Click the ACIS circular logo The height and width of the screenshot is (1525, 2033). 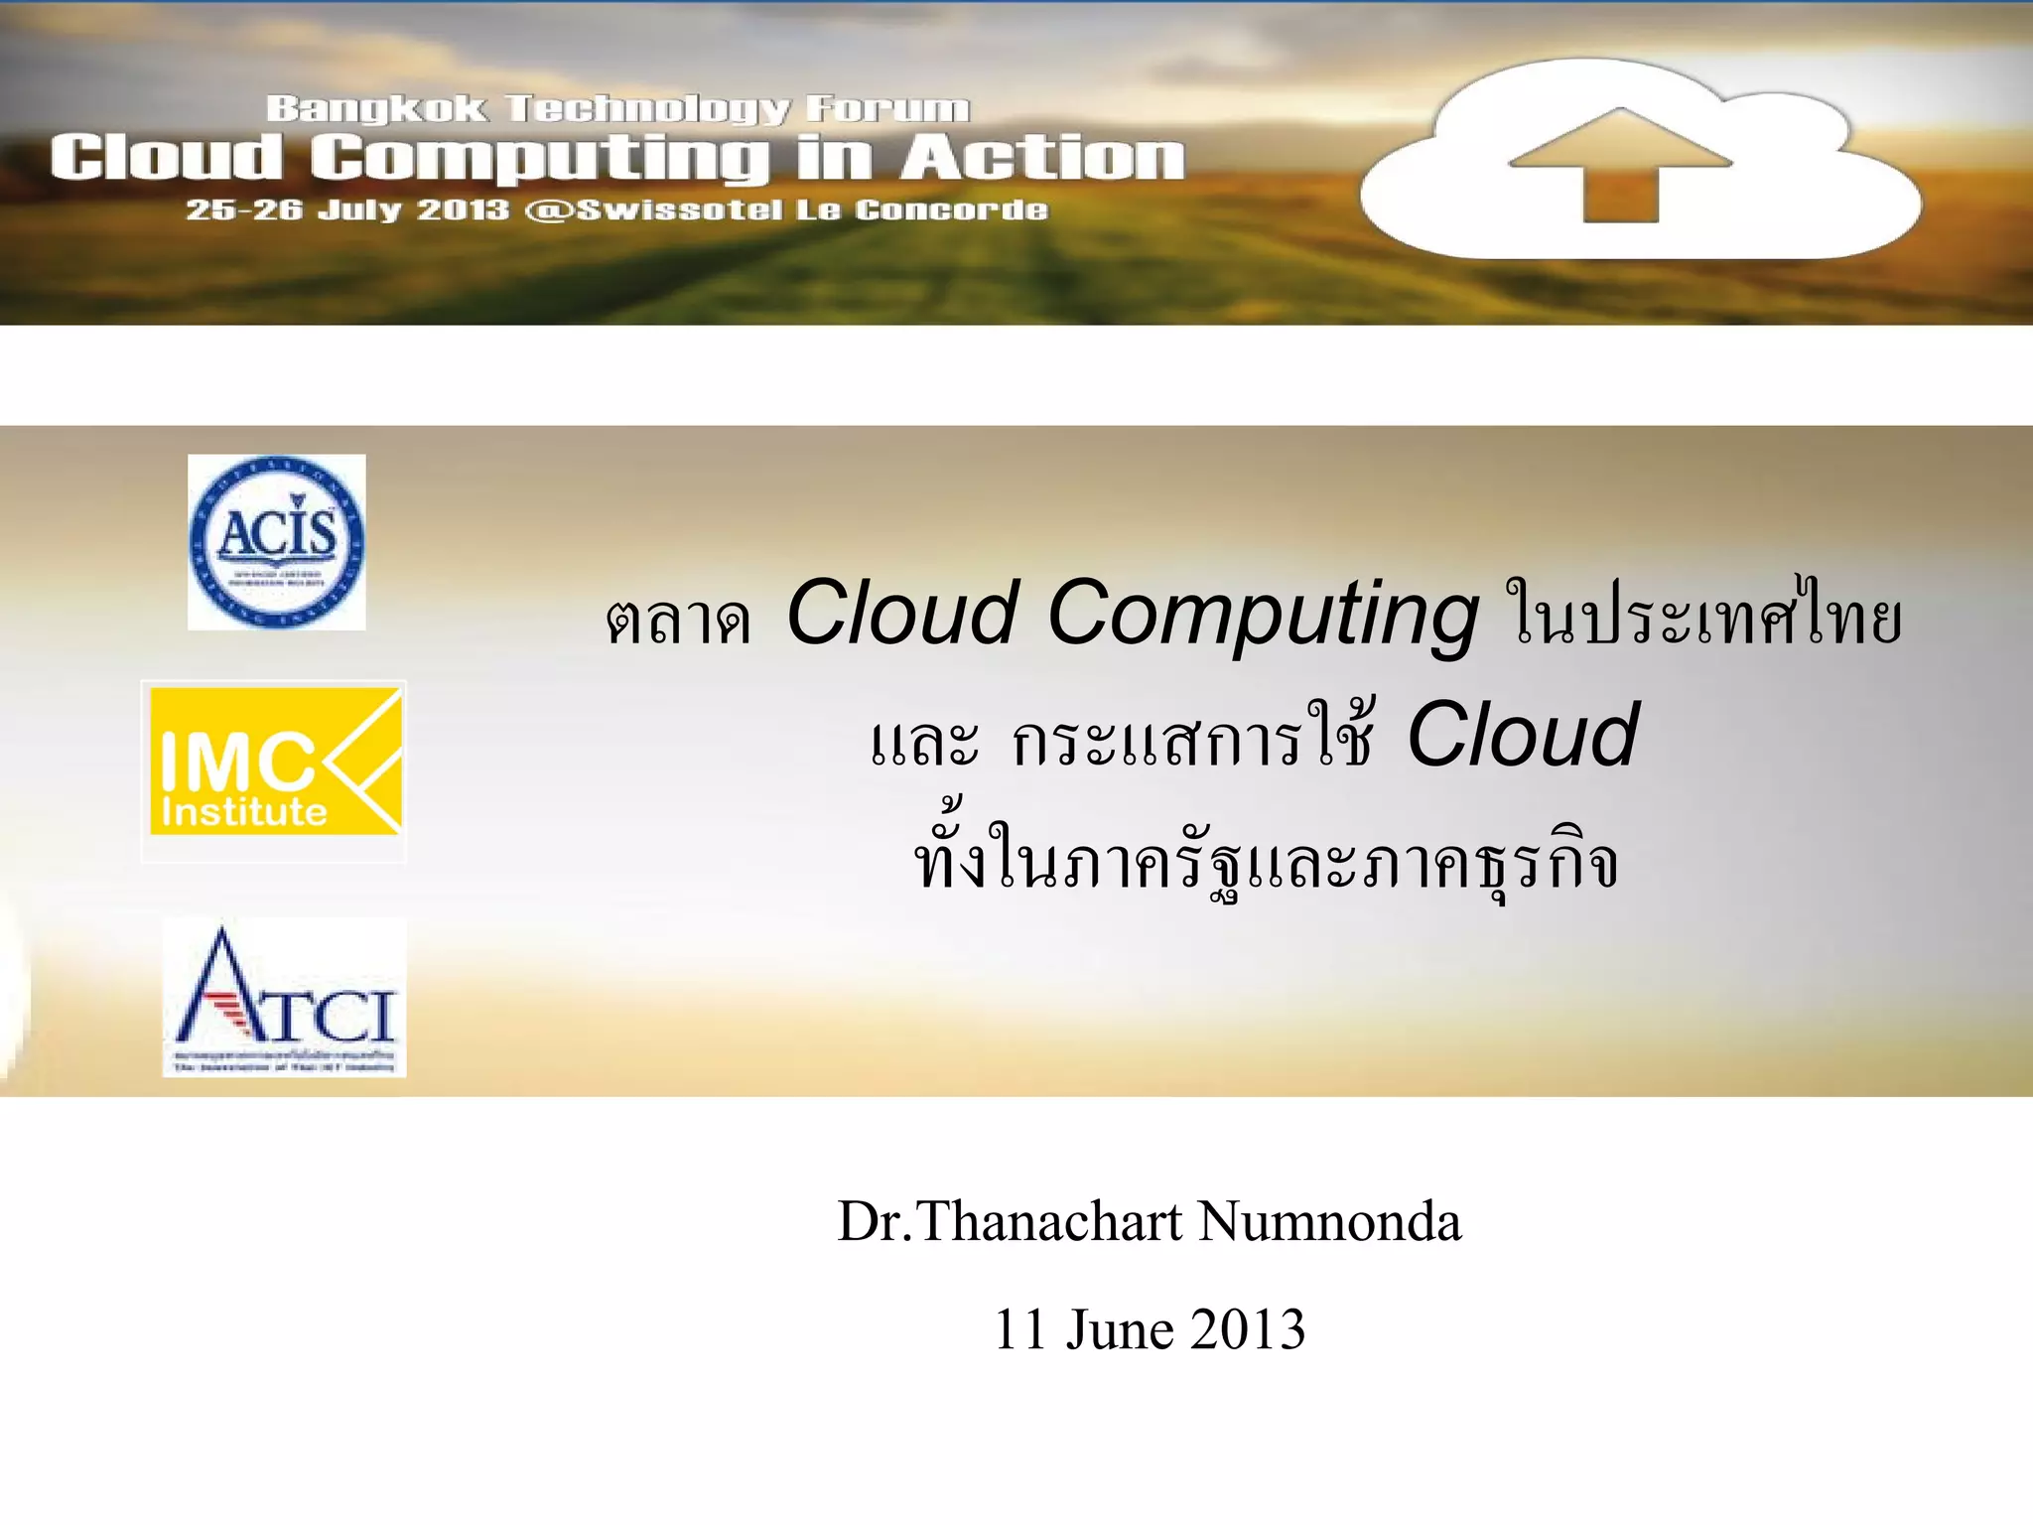[x=277, y=542]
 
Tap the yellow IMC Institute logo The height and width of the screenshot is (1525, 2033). [x=275, y=762]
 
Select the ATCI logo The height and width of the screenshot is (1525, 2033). [x=285, y=999]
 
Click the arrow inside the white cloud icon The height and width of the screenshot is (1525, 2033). [x=1620, y=164]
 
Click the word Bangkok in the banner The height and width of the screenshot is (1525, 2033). [x=376, y=108]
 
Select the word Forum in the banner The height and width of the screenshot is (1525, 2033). [x=887, y=108]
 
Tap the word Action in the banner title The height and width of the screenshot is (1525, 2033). [x=1042, y=158]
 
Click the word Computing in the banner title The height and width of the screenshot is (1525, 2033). [x=540, y=159]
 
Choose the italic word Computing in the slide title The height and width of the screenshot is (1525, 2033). [x=1263, y=616]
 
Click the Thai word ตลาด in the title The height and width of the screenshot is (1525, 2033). [x=678, y=621]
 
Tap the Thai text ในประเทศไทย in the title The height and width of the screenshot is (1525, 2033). [x=1703, y=616]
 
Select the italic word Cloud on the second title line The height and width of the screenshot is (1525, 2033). [x=1523, y=735]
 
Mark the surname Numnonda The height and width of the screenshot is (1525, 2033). [x=1330, y=1221]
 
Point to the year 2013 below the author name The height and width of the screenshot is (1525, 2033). [x=1248, y=1329]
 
